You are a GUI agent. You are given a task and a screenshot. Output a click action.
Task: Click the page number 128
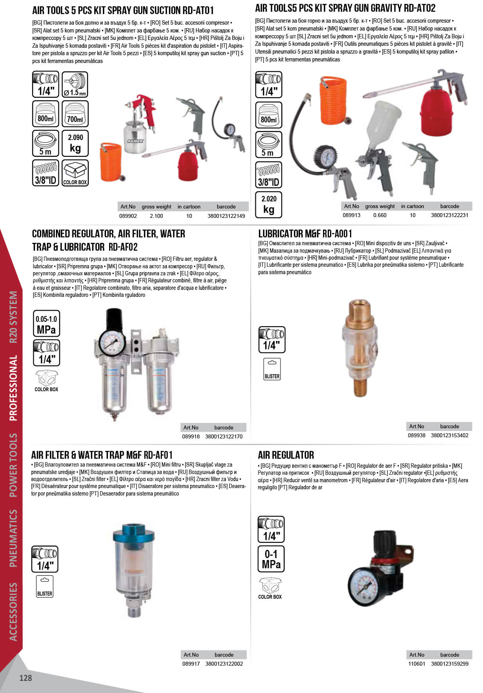click(x=25, y=678)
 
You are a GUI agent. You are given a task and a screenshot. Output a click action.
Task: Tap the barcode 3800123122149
click(x=226, y=216)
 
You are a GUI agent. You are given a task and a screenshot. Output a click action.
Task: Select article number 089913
click(x=351, y=215)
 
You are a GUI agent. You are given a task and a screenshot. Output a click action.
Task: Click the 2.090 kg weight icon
click(x=75, y=143)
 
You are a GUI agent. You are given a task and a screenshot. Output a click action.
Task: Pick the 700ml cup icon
click(x=75, y=114)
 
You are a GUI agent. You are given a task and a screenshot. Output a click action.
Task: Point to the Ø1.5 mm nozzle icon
click(x=75, y=84)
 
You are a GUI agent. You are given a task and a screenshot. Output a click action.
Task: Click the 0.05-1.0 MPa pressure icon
click(x=46, y=324)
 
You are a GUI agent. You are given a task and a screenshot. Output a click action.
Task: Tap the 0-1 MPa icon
click(x=271, y=559)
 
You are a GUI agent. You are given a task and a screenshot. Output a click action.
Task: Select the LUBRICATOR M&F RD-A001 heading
click(x=305, y=234)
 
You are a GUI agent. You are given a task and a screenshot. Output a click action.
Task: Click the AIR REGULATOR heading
click(x=286, y=455)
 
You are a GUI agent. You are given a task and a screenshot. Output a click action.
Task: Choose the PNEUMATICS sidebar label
click(x=13, y=538)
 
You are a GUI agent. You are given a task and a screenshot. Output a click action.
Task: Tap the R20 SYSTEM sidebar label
click(x=13, y=317)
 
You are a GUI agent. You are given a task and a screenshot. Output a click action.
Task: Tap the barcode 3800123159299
click(x=450, y=664)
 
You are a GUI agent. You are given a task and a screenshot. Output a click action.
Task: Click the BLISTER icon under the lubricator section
click(x=272, y=369)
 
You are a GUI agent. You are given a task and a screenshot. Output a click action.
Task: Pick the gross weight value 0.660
click(x=380, y=215)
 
